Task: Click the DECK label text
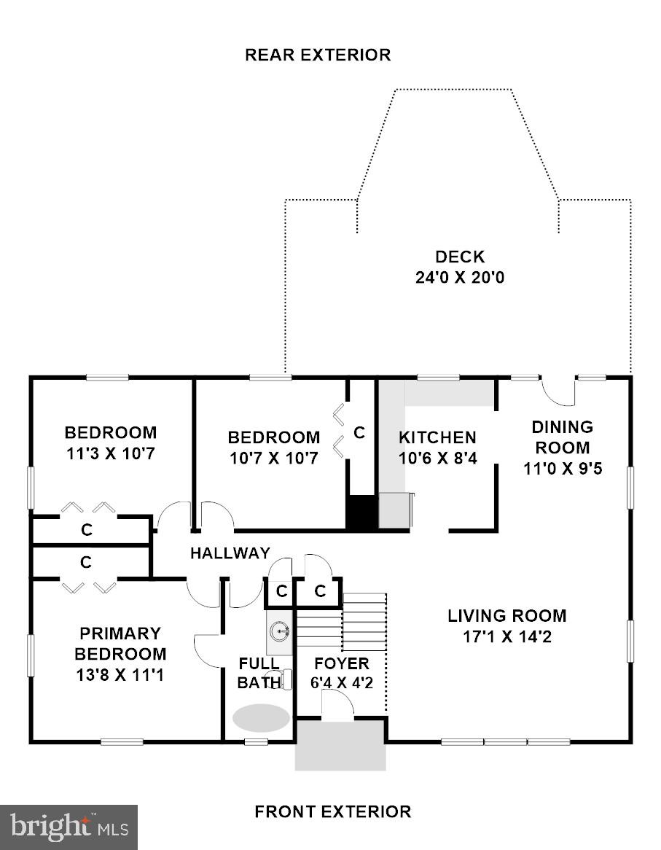(459, 257)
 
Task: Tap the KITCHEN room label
(437, 437)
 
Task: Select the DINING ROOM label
(561, 437)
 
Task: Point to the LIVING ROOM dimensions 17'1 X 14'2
(506, 636)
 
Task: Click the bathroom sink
(280, 629)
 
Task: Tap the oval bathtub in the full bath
(260, 717)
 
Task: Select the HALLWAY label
(230, 553)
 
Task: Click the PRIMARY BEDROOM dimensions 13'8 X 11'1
(120, 675)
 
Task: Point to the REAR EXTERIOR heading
(317, 55)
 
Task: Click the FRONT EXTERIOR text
(332, 811)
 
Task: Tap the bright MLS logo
(69, 827)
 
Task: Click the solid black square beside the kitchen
(359, 512)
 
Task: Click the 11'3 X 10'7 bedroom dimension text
(110, 453)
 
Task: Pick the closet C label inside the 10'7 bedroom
(359, 432)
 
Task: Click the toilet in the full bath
(286, 679)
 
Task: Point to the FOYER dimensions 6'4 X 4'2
(341, 684)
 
